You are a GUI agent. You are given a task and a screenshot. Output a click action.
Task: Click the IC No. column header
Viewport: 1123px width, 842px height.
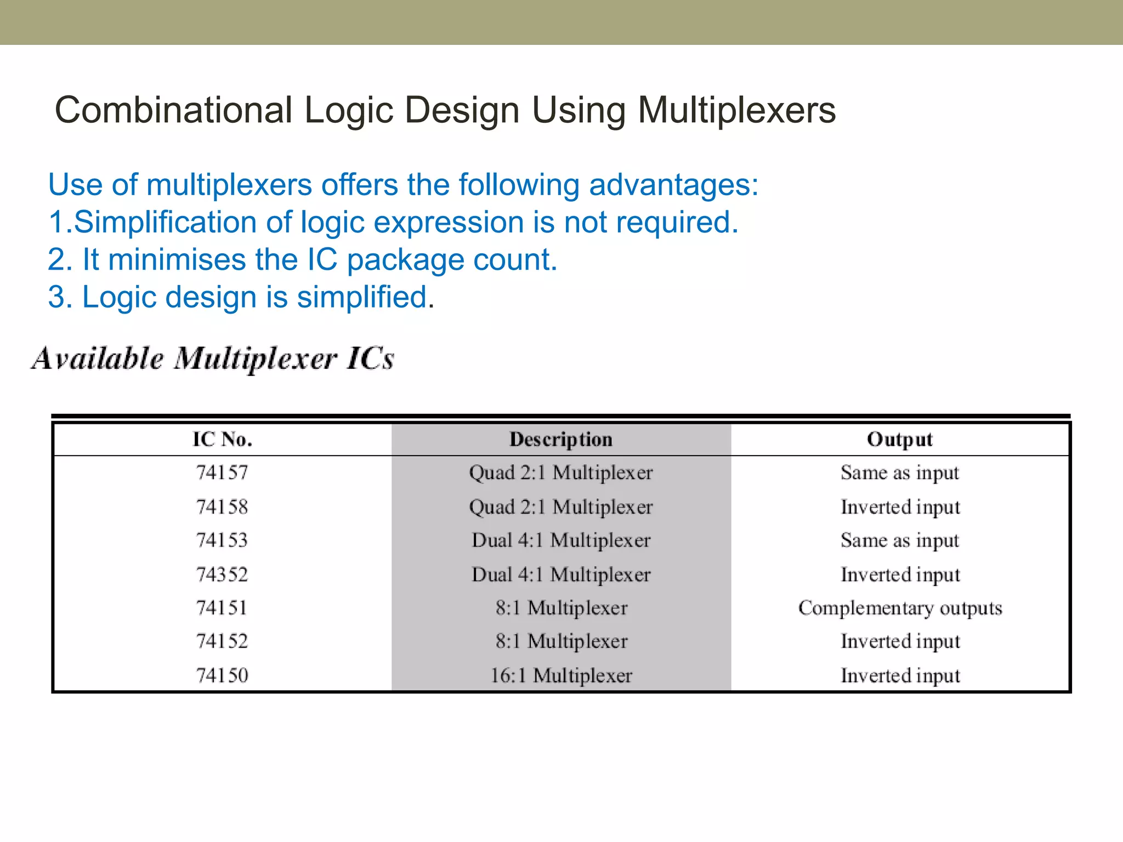point(222,440)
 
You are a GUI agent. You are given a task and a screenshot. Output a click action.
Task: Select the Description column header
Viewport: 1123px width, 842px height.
point(561,440)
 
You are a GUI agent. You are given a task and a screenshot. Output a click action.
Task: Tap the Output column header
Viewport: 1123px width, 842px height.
point(900,440)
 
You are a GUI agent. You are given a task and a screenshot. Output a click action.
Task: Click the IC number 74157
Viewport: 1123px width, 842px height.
point(222,473)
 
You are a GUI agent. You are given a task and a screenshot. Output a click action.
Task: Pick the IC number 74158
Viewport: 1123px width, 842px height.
point(222,507)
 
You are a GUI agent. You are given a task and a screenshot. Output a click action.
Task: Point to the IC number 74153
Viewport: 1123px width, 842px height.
point(222,541)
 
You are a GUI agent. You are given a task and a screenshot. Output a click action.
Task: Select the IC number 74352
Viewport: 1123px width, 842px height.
point(222,574)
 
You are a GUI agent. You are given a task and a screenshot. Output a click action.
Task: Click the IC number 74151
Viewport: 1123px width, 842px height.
point(222,608)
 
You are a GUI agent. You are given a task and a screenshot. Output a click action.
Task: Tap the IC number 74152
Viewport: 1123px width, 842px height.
point(222,641)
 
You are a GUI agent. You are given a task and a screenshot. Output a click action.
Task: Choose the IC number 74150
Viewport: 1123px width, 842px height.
point(222,675)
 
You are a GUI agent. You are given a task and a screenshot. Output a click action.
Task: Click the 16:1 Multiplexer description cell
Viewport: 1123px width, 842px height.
point(561,675)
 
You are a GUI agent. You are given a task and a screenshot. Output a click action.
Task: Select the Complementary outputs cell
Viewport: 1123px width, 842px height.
point(900,608)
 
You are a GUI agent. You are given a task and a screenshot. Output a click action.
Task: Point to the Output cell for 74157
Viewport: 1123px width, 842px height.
point(900,473)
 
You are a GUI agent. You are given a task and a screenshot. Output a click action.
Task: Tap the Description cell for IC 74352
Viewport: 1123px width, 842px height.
point(561,574)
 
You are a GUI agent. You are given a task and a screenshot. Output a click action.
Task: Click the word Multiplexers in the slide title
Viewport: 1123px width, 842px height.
point(736,111)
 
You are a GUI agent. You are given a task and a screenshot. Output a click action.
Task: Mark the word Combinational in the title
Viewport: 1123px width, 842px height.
point(173,111)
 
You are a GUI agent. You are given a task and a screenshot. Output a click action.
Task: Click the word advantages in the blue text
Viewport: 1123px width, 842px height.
point(673,185)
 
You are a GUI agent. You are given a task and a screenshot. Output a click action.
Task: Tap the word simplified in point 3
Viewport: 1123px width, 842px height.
point(362,297)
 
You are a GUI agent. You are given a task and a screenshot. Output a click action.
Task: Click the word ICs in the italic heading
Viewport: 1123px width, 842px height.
point(370,360)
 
